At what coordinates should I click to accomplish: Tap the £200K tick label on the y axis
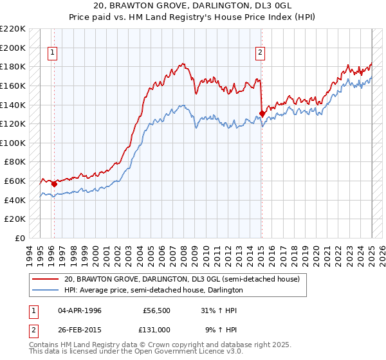14,48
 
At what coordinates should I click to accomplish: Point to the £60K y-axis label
15,181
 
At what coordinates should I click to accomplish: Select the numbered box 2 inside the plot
261,53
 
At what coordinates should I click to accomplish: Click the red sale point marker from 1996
54,184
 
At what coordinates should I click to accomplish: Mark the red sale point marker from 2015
262,113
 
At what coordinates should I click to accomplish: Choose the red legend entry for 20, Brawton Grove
182,280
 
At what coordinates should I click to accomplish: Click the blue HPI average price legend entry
153,291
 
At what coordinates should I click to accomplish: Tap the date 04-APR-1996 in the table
80,310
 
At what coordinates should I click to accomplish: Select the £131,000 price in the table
157,330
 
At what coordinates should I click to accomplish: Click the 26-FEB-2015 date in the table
80,330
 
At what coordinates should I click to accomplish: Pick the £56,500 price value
157,310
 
